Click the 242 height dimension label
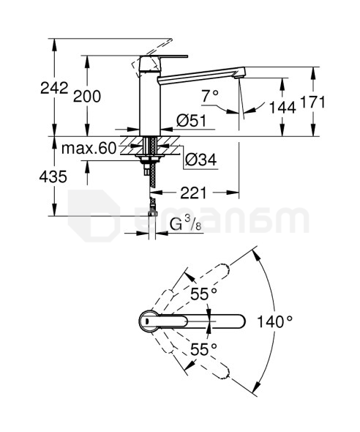click(54, 88)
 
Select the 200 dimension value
click(87, 97)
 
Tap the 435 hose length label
click(53, 176)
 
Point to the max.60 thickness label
click(89, 149)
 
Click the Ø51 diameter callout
click(192, 121)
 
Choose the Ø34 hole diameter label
click(201, 160)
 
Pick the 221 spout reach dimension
click(193, 193)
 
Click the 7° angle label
click(210, 96)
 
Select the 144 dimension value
click(282, 108)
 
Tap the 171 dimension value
click(312, 102)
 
